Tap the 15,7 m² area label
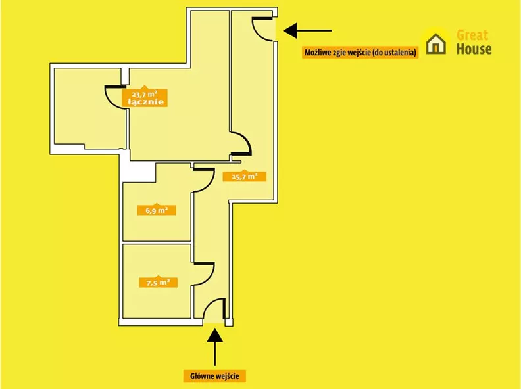244,176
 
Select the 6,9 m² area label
157,210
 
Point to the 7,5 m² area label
158,283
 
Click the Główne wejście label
214,376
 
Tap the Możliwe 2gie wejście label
360,52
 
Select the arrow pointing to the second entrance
307,30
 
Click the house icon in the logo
436,43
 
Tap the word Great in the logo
472,35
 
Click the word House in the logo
474,49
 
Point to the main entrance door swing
214,310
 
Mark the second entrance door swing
262,29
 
